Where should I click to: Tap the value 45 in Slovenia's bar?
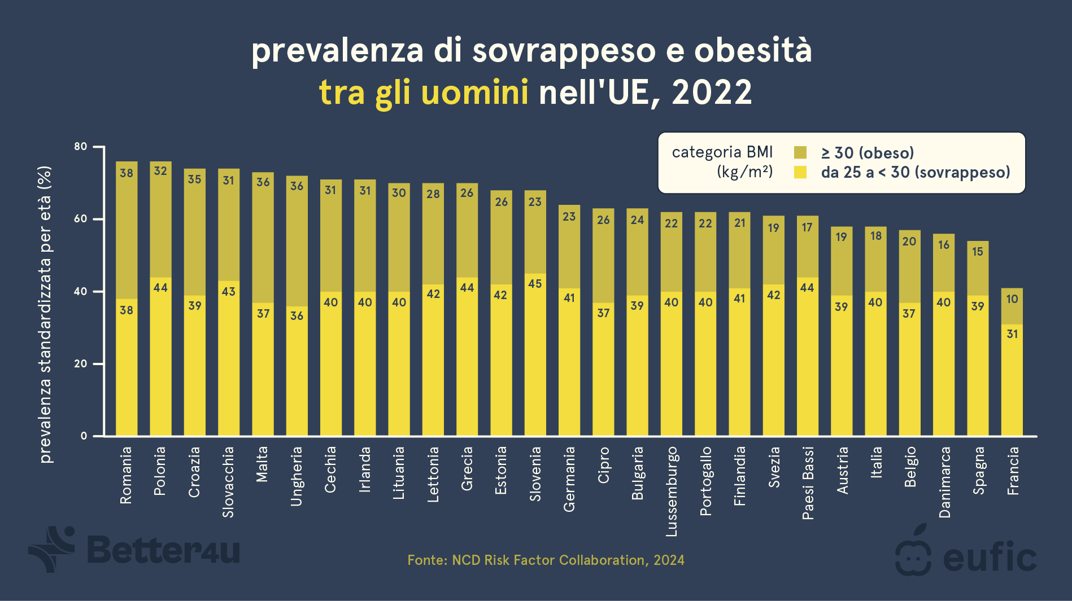click(535, 283)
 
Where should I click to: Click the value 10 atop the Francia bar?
click(1012, 299)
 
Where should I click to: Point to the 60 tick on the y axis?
click(81, 219)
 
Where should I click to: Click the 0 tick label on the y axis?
click(84, 436)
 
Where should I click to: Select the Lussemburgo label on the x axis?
click(671, 491)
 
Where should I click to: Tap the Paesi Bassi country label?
click(808, 483)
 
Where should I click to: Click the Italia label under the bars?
click(876, 462)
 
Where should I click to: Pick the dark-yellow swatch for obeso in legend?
click(800, 152)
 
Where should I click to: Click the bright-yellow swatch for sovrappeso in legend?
click(800, 172)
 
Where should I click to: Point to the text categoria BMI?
click(722, 152)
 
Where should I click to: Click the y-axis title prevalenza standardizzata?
click(45, 314)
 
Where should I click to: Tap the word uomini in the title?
click(474, 92)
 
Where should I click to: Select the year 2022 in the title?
click(711, 92)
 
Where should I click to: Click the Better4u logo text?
click(164, 550)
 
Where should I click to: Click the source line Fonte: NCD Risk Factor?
click(546, 560)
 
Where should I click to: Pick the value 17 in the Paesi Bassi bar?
click(807, 227)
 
